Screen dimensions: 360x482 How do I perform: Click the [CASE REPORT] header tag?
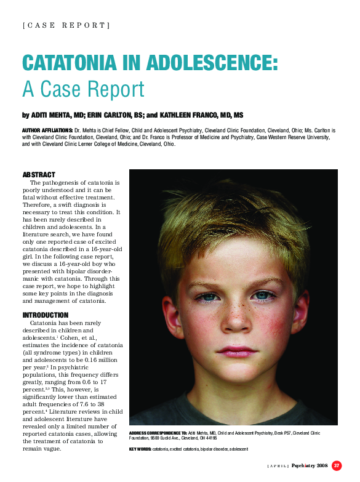66,25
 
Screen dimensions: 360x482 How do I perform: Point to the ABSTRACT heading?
39,175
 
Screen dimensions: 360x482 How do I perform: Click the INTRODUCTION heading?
46,315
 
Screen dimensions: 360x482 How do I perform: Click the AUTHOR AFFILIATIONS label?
47,131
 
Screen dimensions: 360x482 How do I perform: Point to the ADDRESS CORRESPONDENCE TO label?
154,433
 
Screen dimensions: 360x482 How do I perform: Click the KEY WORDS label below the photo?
140,449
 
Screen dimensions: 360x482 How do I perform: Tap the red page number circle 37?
337,465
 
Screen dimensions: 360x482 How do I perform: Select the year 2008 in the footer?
322,465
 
